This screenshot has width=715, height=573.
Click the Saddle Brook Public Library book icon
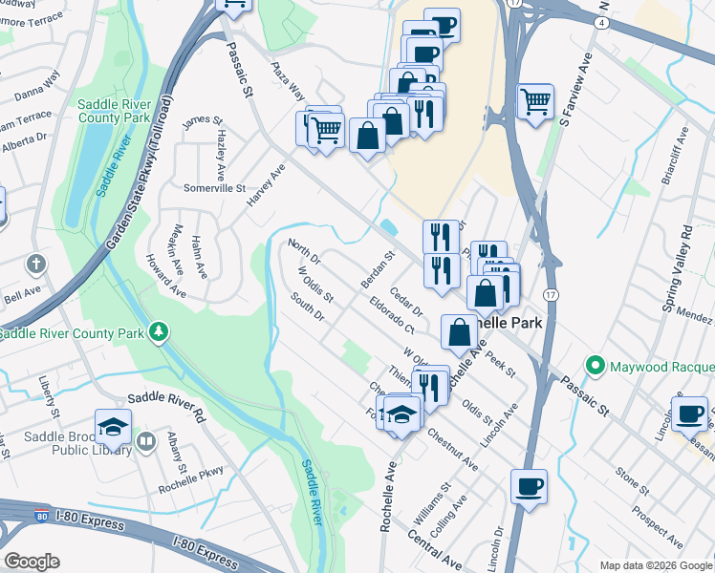coord(145,440)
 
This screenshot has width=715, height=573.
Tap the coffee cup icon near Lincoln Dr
coord(529,487)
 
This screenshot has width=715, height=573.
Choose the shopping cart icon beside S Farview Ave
coord(535,100)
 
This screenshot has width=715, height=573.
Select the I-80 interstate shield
coord(42,517)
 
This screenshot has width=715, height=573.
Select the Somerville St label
coord(214,188)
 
